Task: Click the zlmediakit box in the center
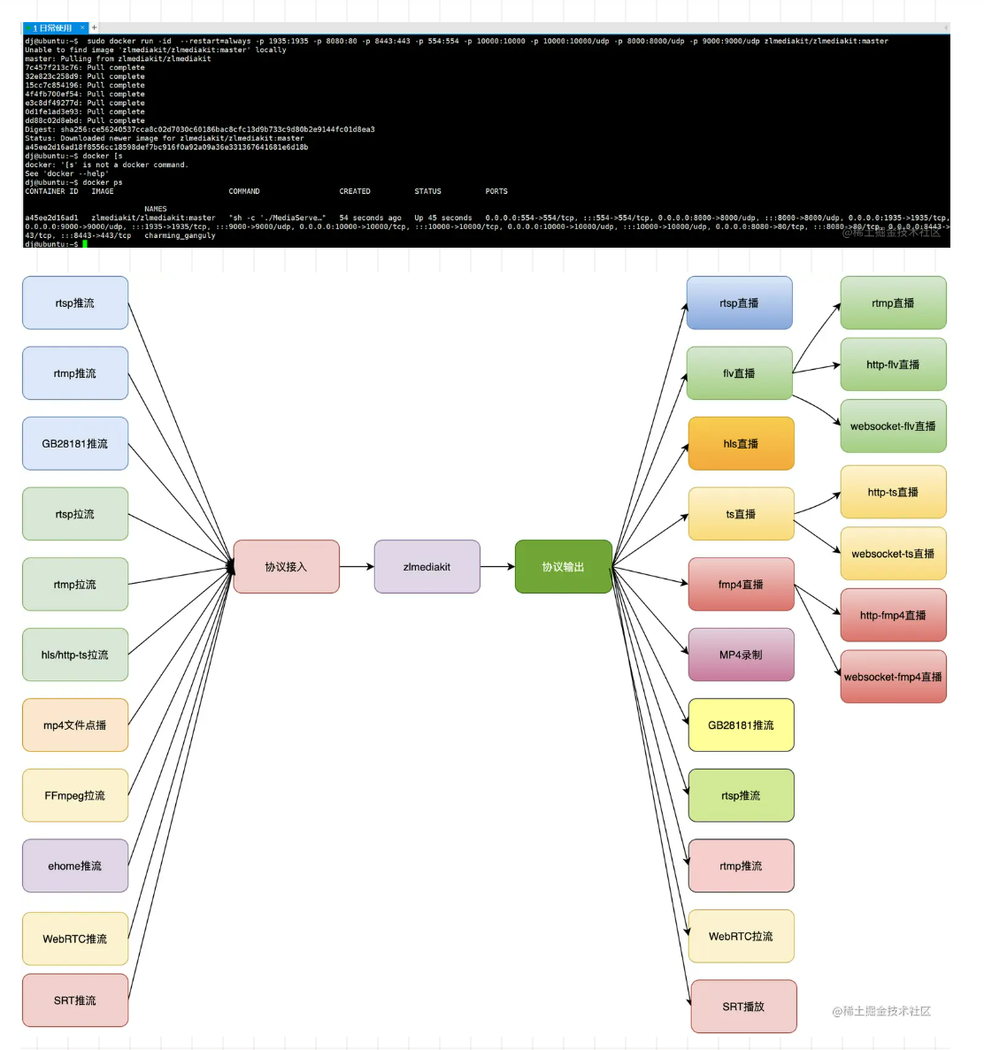pyautogui.click(x=427, y=567)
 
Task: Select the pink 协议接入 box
pyautogui.click(x=286, y=567)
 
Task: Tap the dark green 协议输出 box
pyautogui.click(x=563, y=567)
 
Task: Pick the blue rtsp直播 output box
pyautogui.click(x=739, y=303)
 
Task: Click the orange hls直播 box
pyautogui.click(x=741, y=444)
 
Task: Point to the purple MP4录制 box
pyautogui.click(x=741, y=655)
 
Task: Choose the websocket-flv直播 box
pyautogui.click(x=893, y=426)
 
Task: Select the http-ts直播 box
pyautogui.click(x=893, y=493)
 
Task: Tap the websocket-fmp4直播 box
pyautogui.click(x=893, y=678)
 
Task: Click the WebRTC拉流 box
pyautogui.click(x=741, y=937)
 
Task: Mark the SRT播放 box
pyautogui.click(x=743, y=1007)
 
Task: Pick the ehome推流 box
pyautogui.click(x=75, y=866)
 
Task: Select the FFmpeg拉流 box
pyautogui.click(x=75, y=796)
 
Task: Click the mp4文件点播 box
pyautogui.click(x=75, y=725)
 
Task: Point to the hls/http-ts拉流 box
pyautogui.click(x=75, y=655)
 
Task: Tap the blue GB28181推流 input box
pyautogui.click(x=75, y=444)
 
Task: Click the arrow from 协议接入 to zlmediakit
pyautogui.click(x=357, y=567)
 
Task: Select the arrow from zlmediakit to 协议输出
pyautogui.click(x=497, y=567)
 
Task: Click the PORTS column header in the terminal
pyautogui.click(x=496, y=192)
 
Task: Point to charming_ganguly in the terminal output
pyautogui.click(x=180, y=236)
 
